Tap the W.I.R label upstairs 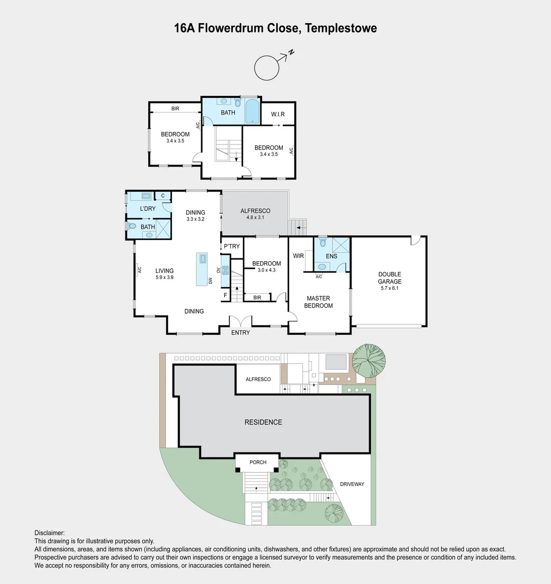coord(278,114)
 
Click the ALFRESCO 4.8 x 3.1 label coord(255,214)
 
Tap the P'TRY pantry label coord(231,247)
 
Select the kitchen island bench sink coord(202,259)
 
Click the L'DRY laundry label coord(148,209)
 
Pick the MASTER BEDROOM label coord(318,302)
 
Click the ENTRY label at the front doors coord(241,333)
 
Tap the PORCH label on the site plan coord(258,462)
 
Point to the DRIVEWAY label coord(352,484)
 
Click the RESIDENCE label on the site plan coord(263,422)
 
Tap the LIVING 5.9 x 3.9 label coord(164,274)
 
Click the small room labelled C coord(163,196)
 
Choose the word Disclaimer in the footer coord(49,533)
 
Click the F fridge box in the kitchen coord(225,295)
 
